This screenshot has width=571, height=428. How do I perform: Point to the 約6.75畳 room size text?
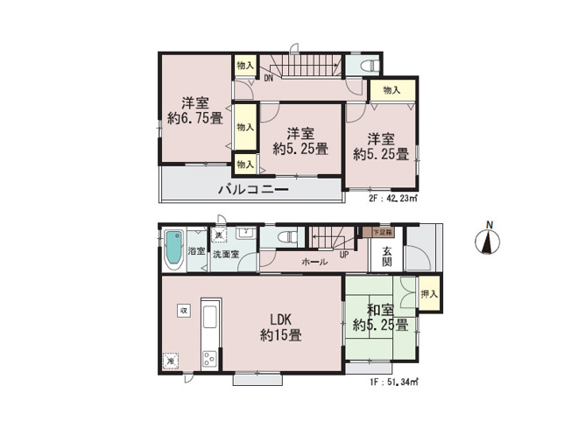[x=194, y=118]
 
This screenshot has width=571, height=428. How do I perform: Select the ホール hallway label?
[x=314, y=262]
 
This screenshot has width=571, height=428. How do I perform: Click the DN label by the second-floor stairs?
[x=267, y=78]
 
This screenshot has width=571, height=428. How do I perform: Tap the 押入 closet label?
[x=429, y=295]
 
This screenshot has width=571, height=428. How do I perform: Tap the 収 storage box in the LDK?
[x=184, y=310]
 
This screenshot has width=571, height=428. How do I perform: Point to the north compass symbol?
[x=488, y=240]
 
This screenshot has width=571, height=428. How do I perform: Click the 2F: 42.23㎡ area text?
[x=392, y=198]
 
